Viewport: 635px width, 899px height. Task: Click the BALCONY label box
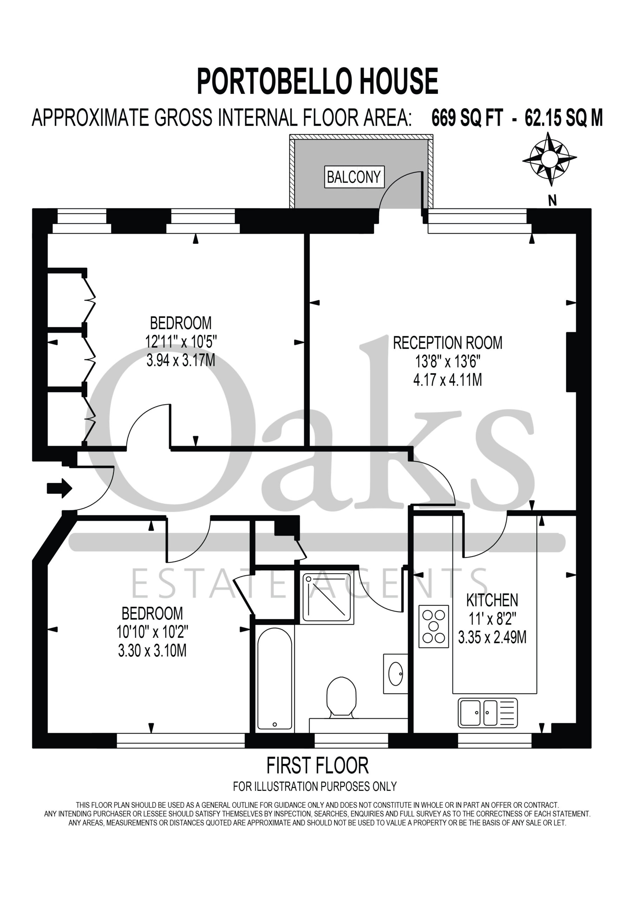pos(354,177)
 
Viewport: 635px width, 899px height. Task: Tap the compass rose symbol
pos(550,159)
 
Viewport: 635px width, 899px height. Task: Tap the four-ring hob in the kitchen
pos(434,626)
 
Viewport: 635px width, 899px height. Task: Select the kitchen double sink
pos(488,713)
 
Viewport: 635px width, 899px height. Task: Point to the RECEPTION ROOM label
pos(448,343)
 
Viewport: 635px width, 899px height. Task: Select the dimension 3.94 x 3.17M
pos(181,360)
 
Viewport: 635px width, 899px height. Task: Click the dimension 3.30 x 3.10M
pos(152,650)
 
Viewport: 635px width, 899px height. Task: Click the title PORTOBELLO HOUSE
pos(317,81)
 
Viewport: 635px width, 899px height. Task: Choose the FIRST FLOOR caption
pos(317,766)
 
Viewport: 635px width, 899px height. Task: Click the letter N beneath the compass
pos(552,201)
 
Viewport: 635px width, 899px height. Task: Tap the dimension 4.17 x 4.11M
pos(448,380)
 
